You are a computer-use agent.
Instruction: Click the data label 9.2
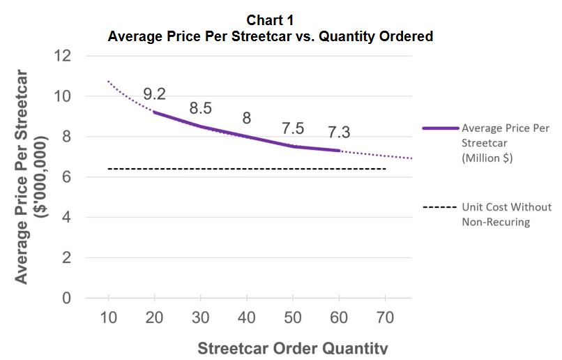(x=154, y=93)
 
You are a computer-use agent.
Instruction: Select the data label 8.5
(x=201, y=108)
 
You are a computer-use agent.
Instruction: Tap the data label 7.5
(x=293, y=128)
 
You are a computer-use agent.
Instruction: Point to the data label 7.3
(x=339, y=131)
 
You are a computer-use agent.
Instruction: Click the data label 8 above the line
(x=246, y=118)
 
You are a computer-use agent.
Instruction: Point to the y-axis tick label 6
(x=66, y=177)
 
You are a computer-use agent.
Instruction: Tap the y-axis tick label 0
(x=66, y=299)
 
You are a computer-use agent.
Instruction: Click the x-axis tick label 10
(x=109, y=317)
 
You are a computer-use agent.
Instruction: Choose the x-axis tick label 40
(x=246, y=317)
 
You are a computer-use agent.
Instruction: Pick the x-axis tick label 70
(x=383, y=317)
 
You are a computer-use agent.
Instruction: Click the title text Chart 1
(x=271, y=21)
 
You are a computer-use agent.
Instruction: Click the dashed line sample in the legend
(x=440, y=207)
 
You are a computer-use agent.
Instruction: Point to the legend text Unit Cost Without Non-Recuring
(x=506, y=214)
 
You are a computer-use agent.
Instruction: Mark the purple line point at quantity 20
(x=154, y=112)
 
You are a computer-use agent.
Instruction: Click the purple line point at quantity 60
(x=338, y=150)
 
